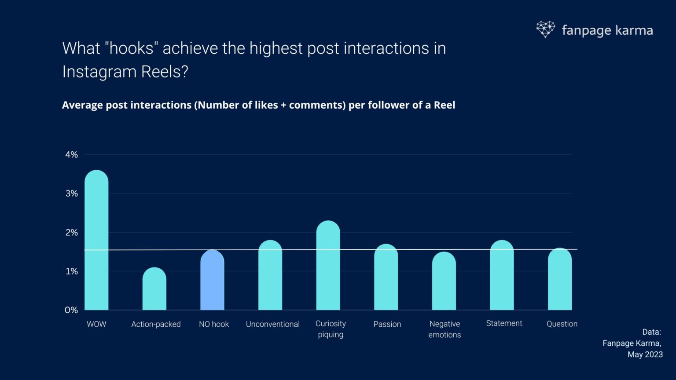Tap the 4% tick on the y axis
71,154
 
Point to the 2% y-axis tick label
71,232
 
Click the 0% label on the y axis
71,310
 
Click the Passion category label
387,324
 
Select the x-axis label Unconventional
272,324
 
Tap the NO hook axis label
214,324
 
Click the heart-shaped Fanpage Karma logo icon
545,29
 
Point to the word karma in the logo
634,30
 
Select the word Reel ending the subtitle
444,105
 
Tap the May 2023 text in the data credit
645,354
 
